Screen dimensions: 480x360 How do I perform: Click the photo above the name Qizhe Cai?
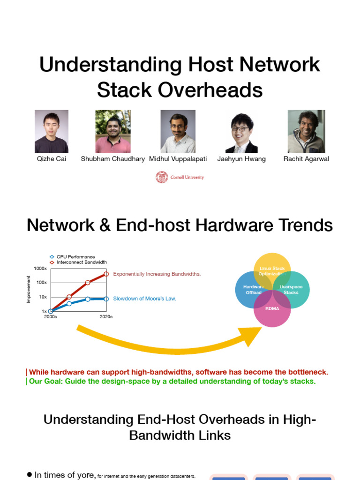(52, 131)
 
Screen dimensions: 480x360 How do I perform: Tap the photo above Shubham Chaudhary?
(113, 131)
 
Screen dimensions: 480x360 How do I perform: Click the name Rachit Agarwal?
(306, 159)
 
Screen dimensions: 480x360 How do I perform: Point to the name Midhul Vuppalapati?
(178, 159)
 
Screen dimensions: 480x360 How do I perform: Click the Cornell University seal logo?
(162, 177)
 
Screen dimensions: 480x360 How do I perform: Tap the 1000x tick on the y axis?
(40, 268)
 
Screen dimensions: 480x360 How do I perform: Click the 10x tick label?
(43, 297)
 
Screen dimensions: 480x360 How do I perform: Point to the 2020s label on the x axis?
(106, 317)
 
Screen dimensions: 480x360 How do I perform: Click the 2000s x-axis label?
(50, 317)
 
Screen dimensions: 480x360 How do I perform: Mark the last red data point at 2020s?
(106, 274)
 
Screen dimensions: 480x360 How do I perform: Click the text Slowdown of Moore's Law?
(144, 299)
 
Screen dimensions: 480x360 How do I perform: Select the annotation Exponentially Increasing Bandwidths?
(157, 274)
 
